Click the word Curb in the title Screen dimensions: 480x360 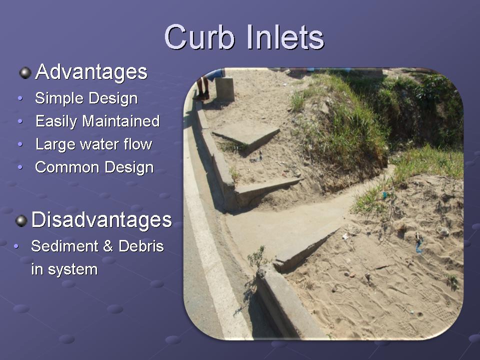click(199, 37)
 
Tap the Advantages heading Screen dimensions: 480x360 click(91, 72)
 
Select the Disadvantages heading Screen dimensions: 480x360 click(101, 220)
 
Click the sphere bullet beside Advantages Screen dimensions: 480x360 click(25, 73)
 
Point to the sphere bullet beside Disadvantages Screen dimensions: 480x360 click(21, 220)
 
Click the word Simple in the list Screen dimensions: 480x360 click(59, 98)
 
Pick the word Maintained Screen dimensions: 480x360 click(121, 121)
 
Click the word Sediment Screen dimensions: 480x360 click(64, 246)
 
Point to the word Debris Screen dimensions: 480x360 click(141, 246)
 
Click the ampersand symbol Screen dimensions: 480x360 click(108, 246)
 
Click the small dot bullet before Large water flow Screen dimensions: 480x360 click(20, 144)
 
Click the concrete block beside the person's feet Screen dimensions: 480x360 click(224, 89)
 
